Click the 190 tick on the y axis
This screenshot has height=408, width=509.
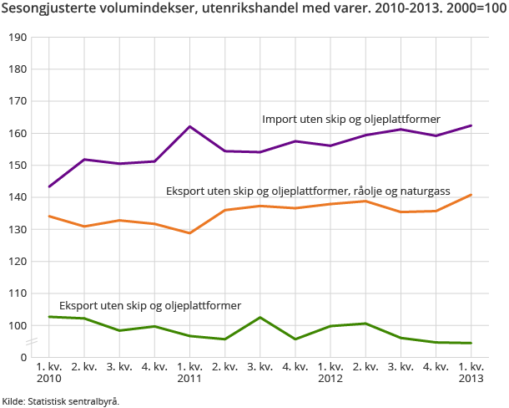pyautogui.click(x=18, y=38)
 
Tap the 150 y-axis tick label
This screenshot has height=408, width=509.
pyautogui.click(x=18, y=166)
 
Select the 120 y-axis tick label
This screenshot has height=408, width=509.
pyautogui.click(x=18, y=262)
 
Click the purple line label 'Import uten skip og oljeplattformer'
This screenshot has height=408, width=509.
pyautogui.click(x=350, y=119)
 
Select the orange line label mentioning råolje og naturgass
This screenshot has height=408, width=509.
pyautogui.click(x=308, y=191)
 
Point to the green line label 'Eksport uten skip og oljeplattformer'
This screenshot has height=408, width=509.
pyautogui.click(x=149, y=305)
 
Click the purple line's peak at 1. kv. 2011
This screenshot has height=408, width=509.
pyautogui.click(x=189, y=126)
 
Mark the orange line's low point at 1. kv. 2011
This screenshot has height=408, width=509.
pyautogui.click(x=189, y=232)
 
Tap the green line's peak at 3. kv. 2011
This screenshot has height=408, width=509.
pyautogui.click(x=260, y=318)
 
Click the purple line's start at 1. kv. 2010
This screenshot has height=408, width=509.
pyautogui.click(x=49, y=186)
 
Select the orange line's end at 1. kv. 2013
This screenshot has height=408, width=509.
pyautogui.click(x=471, y=195)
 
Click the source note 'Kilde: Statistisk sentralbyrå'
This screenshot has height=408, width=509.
pyautogui.click(x=60, y=400)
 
